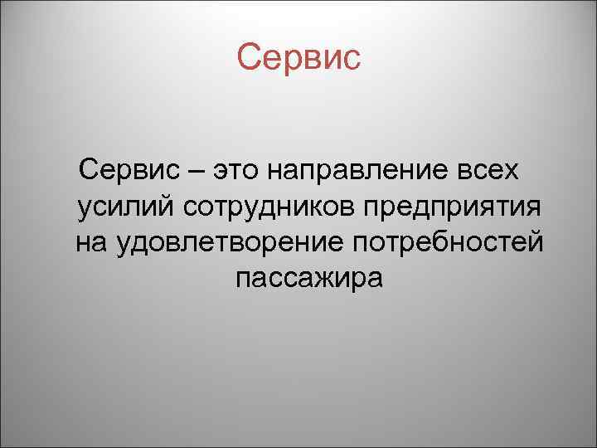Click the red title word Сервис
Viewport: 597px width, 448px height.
pyautogui.click(x=298, y=57)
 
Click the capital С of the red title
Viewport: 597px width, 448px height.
pyautogui.click(x=247, y=57)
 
